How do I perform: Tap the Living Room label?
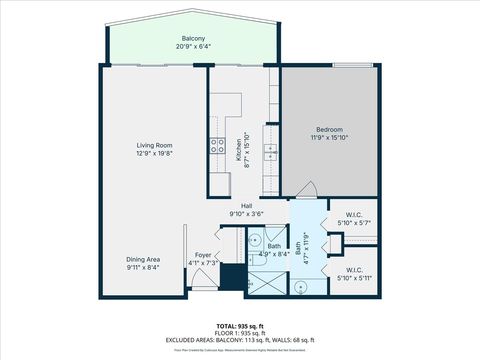point(155,146)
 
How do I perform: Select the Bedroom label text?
point(329,130)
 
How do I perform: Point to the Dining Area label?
point(143,259)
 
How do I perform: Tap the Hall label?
point(245,205)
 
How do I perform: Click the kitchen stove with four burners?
point(217,144)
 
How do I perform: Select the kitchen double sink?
point(270,151)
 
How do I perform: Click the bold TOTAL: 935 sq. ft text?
point(239,327)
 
